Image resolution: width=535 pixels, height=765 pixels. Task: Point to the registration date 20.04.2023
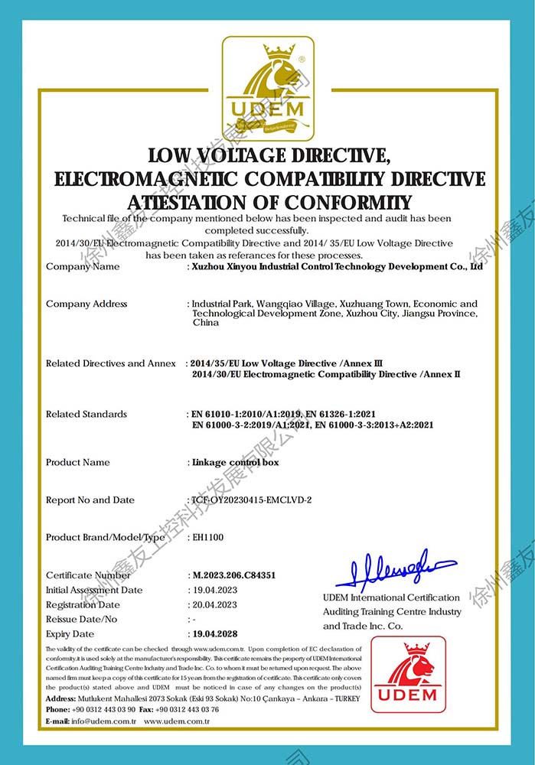214,605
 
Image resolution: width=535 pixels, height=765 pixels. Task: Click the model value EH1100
207,538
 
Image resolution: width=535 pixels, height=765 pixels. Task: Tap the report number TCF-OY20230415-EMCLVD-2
252,500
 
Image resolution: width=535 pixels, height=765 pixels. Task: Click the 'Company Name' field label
83,267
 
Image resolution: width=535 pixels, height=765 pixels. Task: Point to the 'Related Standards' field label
86,414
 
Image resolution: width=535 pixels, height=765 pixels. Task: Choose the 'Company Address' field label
86,304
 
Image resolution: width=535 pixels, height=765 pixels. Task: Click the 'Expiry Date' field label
70,634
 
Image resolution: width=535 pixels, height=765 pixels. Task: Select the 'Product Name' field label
77,462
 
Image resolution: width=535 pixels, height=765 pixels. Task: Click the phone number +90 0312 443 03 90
103,709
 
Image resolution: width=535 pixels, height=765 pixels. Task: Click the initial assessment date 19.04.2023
214,591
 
